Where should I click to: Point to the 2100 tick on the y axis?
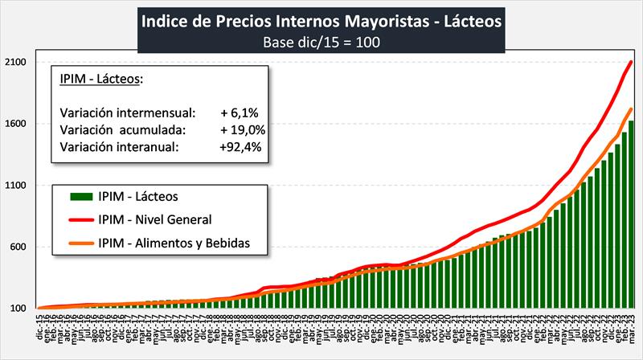[18, 62]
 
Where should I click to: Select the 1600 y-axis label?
[18, 124]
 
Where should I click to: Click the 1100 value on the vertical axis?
[18, 186]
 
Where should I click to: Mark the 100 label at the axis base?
[20, 309]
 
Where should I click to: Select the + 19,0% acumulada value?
[239, 129]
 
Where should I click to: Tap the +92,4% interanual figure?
[239, 147]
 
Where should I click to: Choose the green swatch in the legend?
[74, 196]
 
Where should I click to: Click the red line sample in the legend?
[74, 219]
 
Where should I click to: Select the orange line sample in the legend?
[74, 243]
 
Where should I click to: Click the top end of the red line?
[631, 62]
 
